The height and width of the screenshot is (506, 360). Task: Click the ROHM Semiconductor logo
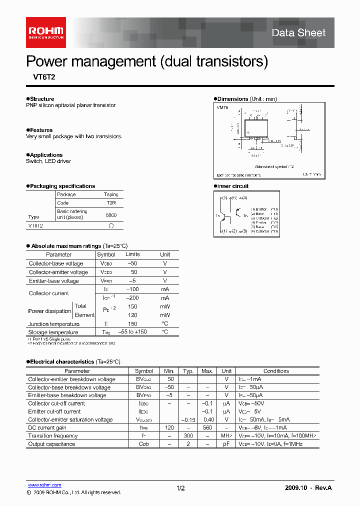(45, 31)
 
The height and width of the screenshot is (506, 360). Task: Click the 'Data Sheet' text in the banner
(298, 33)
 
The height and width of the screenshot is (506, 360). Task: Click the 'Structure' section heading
(41, 99)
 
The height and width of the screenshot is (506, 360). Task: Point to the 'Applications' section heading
(46, 155)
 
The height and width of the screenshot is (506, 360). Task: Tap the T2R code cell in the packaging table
(111, 203)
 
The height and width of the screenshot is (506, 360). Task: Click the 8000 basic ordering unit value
(111, 214)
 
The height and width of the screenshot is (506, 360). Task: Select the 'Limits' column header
(132, 254)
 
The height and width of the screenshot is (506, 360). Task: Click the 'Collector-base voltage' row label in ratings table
(56, 263)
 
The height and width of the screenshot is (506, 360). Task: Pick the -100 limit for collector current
(132, 289)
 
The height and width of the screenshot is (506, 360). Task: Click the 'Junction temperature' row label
(54, 324)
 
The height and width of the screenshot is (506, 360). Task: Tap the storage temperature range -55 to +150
(132, 332)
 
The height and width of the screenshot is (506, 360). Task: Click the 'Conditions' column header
(276, 371)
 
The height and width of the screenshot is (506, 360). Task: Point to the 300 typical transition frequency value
(188, 436)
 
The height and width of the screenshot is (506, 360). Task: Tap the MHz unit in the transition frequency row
(226, 436)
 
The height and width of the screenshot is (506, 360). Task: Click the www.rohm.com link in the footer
(44, 485)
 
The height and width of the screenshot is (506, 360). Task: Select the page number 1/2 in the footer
(180, 487)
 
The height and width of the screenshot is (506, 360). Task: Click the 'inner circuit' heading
(232, 186)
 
